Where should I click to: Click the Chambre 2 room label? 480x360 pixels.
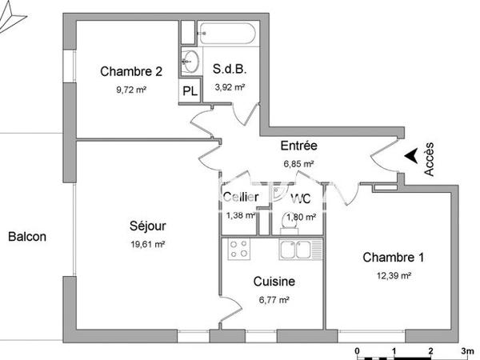[131, 71]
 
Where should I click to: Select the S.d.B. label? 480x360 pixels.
[229, 70]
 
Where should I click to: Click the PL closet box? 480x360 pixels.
[190, 90]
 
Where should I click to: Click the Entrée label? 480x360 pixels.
[299, 146]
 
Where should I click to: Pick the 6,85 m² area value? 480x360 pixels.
[298, 164]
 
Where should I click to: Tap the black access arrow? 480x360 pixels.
[410, 156]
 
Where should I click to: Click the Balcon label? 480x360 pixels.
[27, 237]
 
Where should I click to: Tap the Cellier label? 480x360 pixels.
[240, 198]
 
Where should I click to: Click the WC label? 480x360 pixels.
[301, 198]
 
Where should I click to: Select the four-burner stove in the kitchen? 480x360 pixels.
[238, 249]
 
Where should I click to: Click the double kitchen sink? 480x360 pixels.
[300, 250]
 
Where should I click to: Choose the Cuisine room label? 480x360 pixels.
[274, 282]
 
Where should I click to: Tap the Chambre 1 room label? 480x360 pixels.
[394, 258]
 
